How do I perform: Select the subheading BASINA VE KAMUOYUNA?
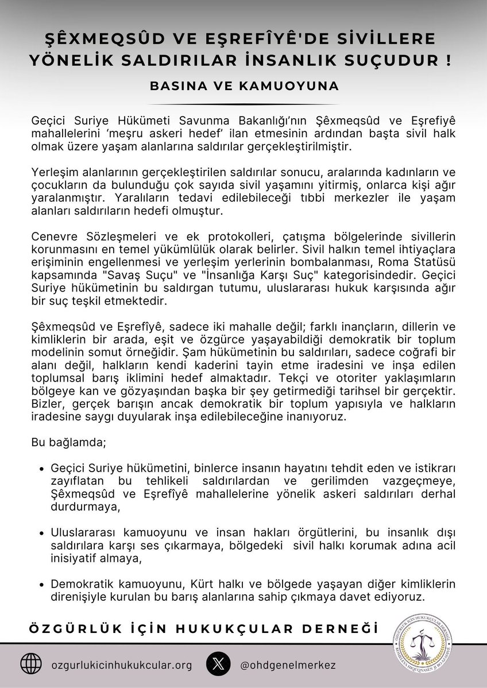coord(243,86)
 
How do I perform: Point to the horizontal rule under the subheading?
coord(243,104)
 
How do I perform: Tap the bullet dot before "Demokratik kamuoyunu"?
coord(41,585)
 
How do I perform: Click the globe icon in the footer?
coord(31,664)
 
